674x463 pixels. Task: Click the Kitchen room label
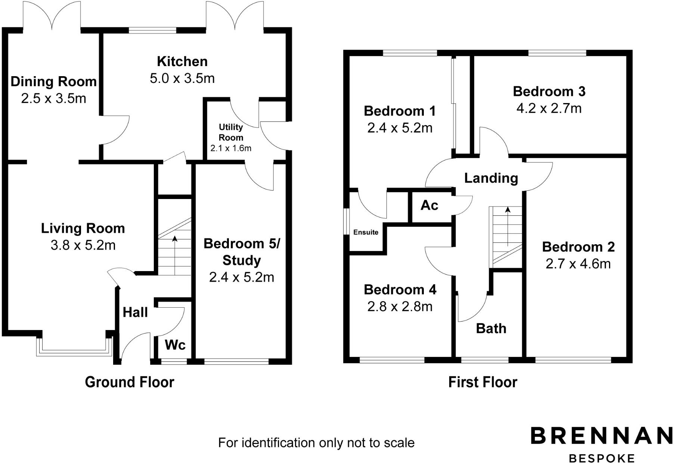pos(182,61)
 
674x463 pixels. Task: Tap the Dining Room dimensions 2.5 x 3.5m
pos(53,99)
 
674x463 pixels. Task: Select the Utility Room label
pos(231,132)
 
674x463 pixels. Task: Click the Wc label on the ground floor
pos(175,345)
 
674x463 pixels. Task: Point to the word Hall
pos(135,312)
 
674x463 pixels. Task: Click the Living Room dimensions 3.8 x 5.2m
pos(83,245)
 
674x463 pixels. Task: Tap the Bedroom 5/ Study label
pos(242,252)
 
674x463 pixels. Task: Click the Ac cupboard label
pos(429,205)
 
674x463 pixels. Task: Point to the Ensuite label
pos(366,232)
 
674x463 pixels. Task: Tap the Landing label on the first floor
pos(491,178)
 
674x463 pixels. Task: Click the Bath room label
pos(491,329)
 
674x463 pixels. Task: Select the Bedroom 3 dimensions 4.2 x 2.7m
pos(549,109)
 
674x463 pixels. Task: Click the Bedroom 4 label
pos(400,290)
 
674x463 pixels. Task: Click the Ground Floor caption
pos(129,382)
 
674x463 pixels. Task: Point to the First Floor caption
pos(482,382)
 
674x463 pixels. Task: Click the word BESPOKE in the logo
pos(601,458)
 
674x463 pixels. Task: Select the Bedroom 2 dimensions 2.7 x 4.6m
pos(578,264)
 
